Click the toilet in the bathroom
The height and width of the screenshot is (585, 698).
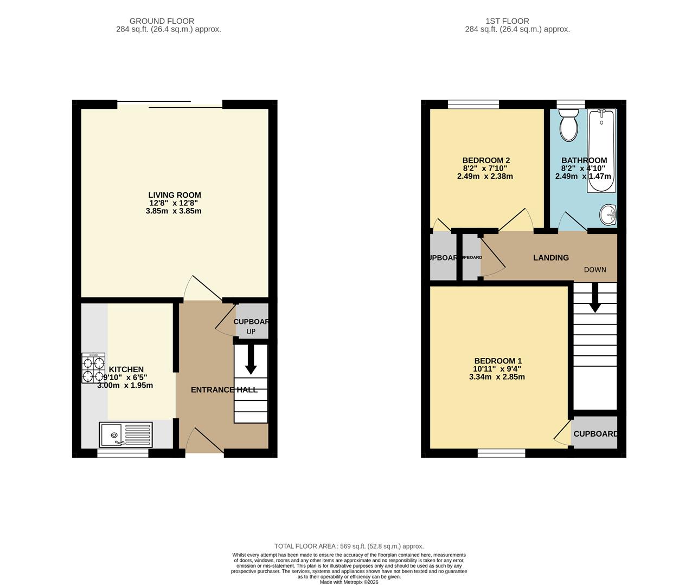[568, 125]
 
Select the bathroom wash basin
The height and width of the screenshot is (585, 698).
[609, 214]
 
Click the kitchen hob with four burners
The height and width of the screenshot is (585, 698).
[93, 368]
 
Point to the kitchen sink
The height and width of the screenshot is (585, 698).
[126, 435]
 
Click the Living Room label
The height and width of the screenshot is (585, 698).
[174, 195]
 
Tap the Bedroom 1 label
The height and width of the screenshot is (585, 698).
[497, 361]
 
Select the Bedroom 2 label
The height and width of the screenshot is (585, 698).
[485, 160]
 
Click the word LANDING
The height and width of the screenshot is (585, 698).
[550, 258]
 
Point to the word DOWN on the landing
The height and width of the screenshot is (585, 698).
[594, 270]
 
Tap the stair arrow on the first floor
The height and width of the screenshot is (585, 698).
[595, 299]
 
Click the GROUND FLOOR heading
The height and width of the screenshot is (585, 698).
[169, 21]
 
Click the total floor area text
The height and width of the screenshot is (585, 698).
[349, 547]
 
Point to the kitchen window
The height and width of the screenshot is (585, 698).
[123, 453]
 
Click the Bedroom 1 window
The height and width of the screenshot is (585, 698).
[501, 453]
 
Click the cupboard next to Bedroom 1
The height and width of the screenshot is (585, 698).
[594, 433]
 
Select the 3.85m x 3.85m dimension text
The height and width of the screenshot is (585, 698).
[174, 211]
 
